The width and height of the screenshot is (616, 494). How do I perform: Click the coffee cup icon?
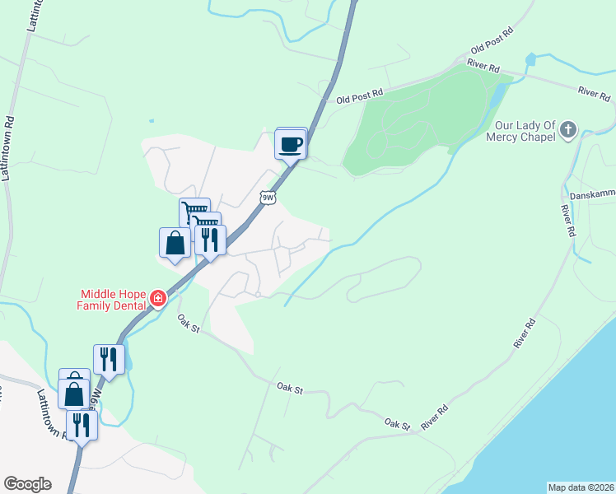click(290, 145)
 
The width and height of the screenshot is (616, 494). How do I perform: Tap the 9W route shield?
click(267, 198)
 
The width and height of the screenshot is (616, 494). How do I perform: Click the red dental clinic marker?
click(156, 298)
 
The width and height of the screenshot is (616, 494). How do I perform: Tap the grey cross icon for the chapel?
click(568, 129)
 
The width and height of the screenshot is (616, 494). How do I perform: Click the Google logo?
click(27, 484)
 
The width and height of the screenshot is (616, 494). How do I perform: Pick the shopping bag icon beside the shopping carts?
click(175, 244)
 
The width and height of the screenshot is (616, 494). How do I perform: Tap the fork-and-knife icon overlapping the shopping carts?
click(210, 240)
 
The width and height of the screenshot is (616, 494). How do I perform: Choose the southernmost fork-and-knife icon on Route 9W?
click(82, 425)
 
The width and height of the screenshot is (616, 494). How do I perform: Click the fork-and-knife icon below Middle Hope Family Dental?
click(109, 359)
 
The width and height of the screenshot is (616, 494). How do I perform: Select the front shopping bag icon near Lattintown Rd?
click(74, 394)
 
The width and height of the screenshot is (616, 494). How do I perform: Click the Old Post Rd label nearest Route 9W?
click(360, 97)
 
